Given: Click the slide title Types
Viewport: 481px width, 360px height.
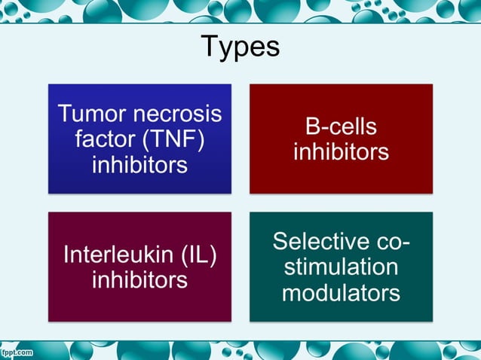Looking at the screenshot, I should pyautogui.click(x=240, y=47).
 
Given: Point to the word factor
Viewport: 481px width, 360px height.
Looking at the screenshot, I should pyautogui.click(x=102, y=139).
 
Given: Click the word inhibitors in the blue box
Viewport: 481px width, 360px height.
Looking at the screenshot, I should pyautogui.click(x=139, y=164).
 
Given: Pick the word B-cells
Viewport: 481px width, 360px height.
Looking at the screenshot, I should pyautogui.click(x=341, y=127).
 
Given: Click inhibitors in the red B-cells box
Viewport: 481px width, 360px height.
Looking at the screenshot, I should pyautogui.click(x=341, y=151).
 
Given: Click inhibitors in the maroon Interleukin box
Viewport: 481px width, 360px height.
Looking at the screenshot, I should pyautogui.click(x=139, y=280).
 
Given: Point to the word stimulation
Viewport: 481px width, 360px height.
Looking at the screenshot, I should pyautogui.click(x=341, y=267).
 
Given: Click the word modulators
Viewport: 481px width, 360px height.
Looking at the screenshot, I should pyautogui.click(x=341, y=292).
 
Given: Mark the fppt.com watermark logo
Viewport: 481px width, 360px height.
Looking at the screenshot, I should pyautogui.click(x=17, y=352).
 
